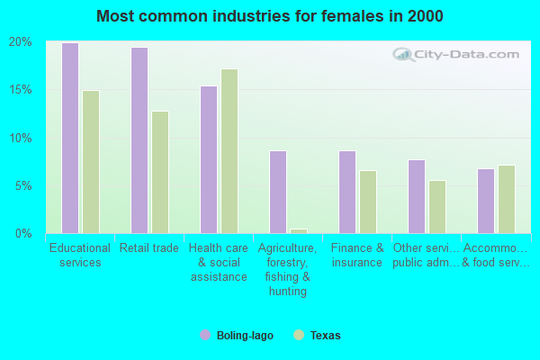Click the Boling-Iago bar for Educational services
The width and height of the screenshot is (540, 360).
point(70,138)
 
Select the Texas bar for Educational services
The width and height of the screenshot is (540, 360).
point(91,162)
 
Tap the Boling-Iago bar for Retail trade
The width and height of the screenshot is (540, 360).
point(139,140)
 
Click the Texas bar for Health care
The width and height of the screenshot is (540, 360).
point(229,151)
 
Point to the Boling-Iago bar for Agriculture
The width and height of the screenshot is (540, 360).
point(278,192)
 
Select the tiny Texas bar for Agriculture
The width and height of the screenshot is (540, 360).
point(299,231)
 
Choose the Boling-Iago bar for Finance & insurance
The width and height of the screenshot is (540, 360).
point(347,192)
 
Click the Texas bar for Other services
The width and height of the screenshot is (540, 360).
point(437,207)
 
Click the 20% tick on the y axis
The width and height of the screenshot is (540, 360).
point(21,42)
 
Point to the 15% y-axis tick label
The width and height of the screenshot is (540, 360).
point(21,90)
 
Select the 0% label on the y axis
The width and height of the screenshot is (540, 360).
point(24,234)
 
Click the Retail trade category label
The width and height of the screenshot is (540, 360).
point(149,248)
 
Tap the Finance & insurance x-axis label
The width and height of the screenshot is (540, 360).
point(357,256)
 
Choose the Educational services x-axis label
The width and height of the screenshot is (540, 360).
point(80,256)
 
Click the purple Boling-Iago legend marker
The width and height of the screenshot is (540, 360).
point(205,335)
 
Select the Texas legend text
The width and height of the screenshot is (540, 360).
point(325,336)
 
